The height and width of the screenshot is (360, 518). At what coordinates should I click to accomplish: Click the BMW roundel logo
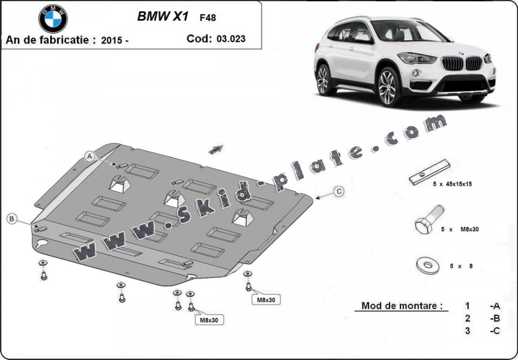(x=53, y=18)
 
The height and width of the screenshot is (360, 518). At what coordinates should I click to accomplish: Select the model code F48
(x=207, y=18)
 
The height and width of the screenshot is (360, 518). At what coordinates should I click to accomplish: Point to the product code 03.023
(x=231, y=39)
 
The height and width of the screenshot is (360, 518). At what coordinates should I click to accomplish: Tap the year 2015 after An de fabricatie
(x=112, y=40)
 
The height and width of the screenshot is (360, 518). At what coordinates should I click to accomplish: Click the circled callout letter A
(x=90, y=156)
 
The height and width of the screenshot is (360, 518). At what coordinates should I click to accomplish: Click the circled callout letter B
(x=12, y=219)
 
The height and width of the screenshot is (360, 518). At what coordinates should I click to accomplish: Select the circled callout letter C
(x=339, y=192)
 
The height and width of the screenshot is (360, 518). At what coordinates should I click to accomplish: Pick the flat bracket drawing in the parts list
(x=429, y=172)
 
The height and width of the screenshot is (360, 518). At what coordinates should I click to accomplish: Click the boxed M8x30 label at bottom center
(x=209, y=320)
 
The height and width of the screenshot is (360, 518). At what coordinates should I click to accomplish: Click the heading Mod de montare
(x=399, y=306)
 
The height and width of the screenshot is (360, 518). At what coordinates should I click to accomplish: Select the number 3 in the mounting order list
(x=468, y=331)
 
